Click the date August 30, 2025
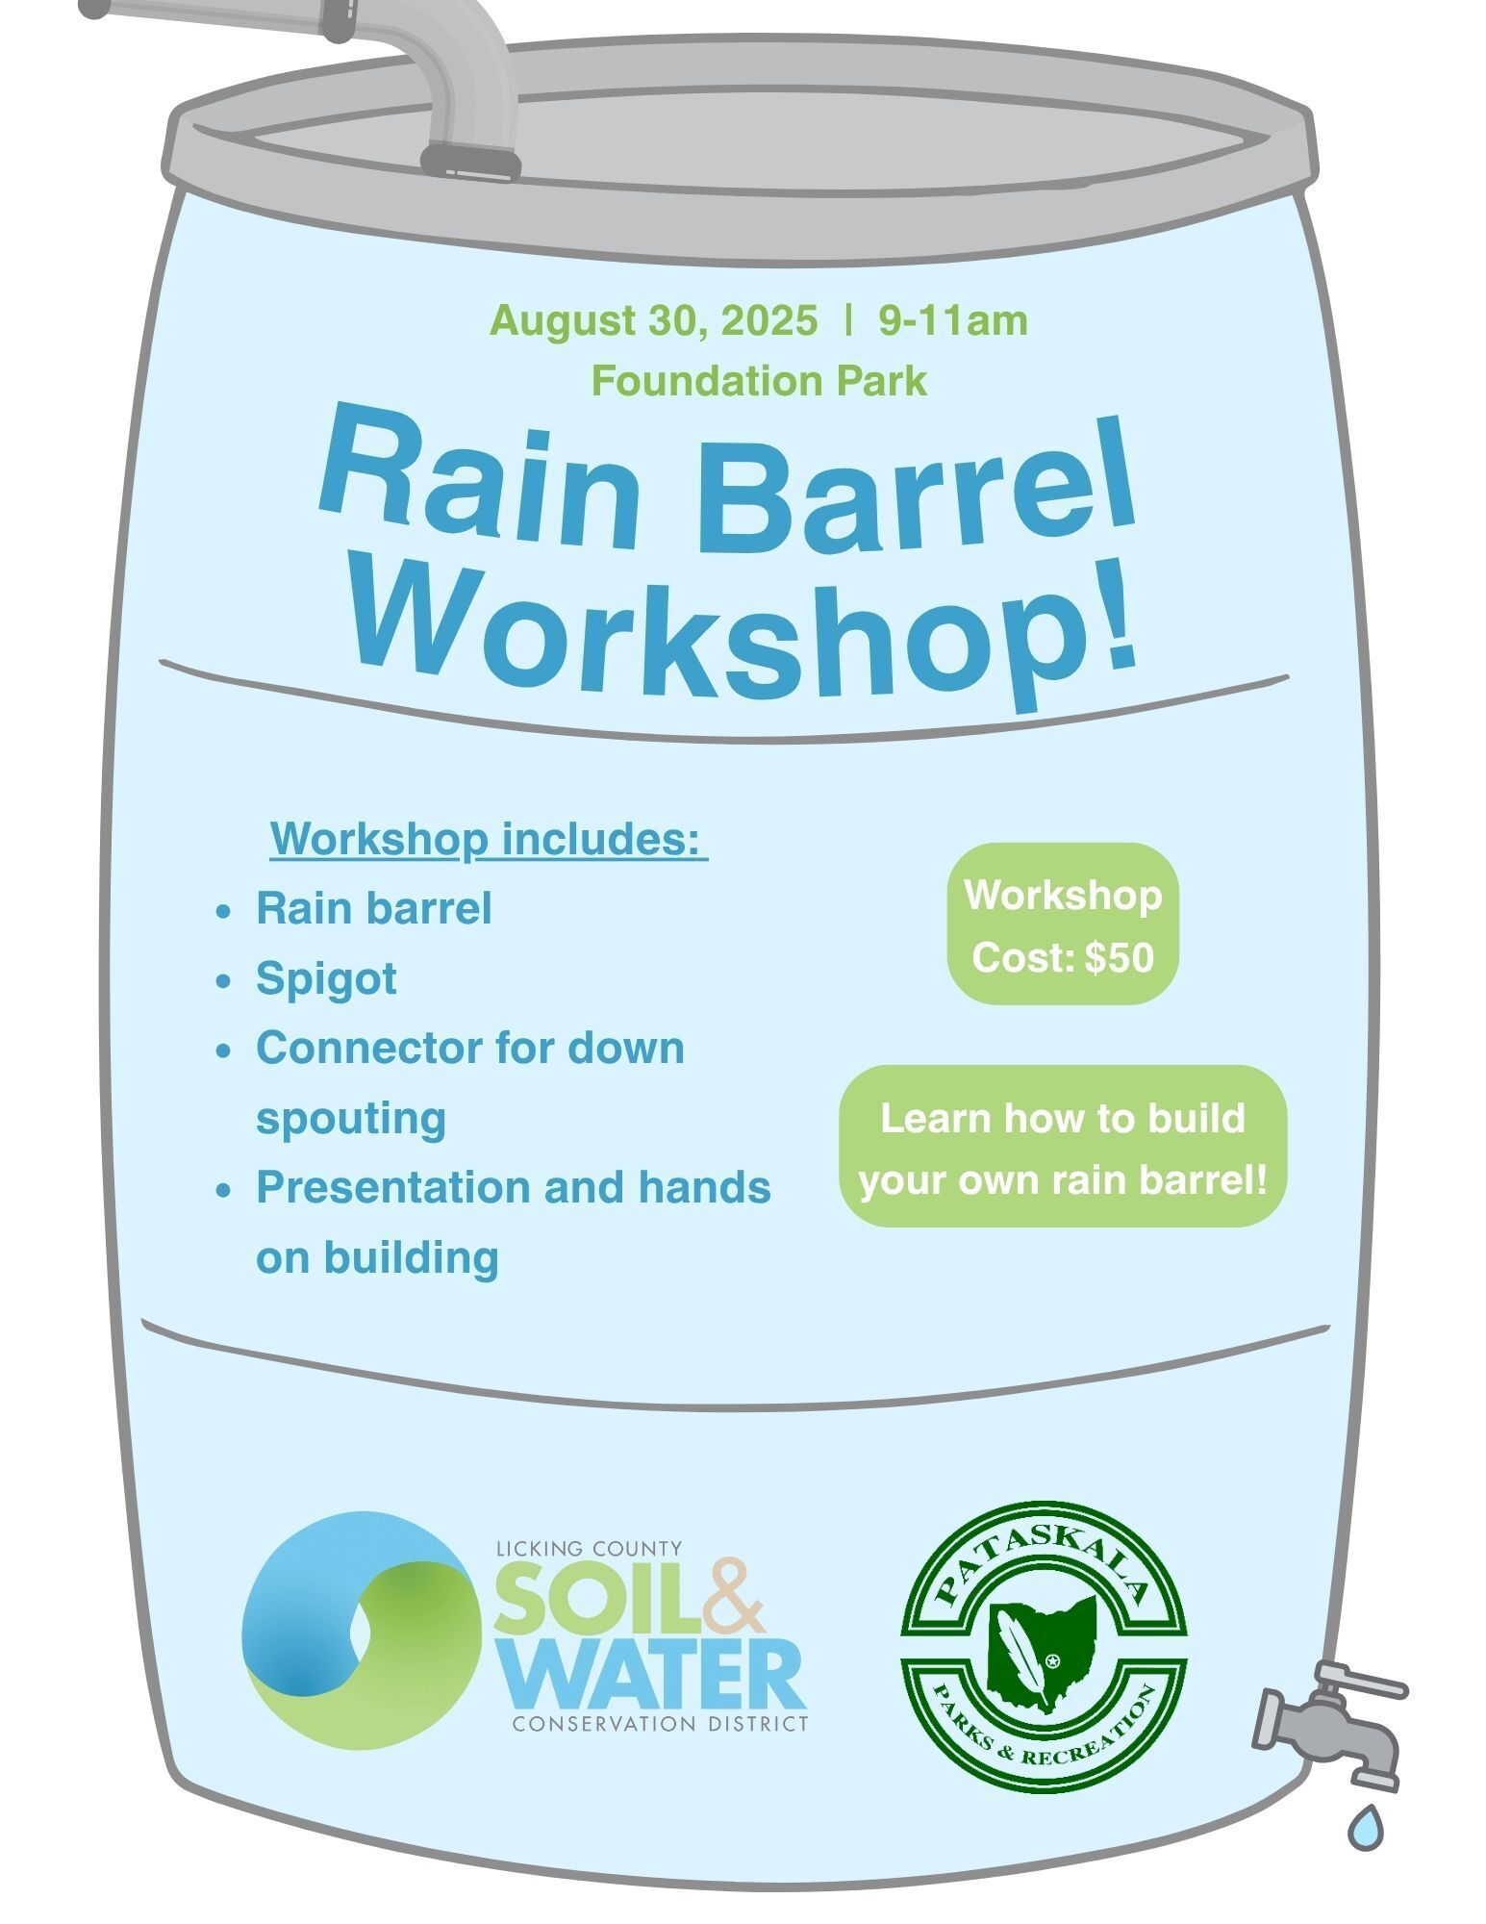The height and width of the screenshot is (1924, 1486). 654,321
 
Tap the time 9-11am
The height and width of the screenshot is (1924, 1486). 953,320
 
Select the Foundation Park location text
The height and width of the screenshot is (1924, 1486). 759,381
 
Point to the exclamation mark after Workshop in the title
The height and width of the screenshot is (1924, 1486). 1117,616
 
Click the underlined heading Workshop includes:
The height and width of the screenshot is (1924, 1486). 489,840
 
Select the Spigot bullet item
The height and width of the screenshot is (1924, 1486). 326,980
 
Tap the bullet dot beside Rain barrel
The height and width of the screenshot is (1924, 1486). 223,910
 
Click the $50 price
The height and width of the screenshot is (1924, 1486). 1120,958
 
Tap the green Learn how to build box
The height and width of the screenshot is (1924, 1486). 1063,1146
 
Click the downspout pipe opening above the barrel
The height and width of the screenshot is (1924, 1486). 471,163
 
